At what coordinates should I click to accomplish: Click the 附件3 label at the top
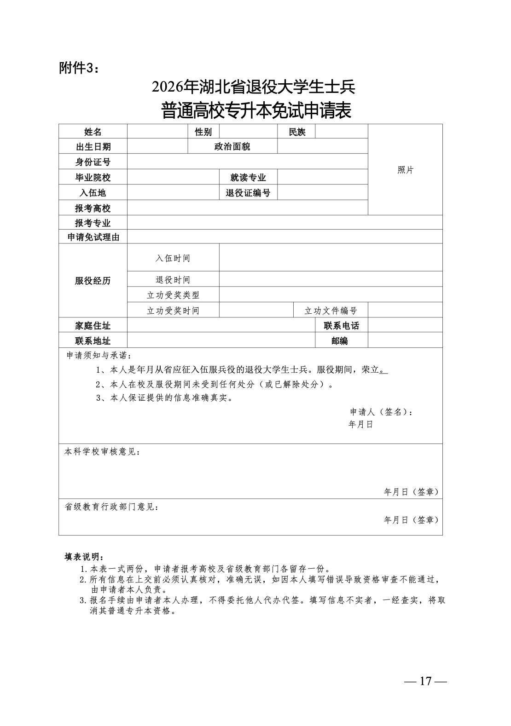[x=79, y=68]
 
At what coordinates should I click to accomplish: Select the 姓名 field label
[x=93, y=132]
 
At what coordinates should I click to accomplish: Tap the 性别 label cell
[x=203, y=132]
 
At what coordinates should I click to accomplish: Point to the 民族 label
[x=297, y=132]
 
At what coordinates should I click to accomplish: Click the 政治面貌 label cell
[x=232, y=147]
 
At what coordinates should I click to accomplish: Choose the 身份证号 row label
[x=93, y=162]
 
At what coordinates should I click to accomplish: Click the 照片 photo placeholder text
[x=405, y=170]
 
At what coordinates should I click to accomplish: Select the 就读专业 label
[x=248, y=178]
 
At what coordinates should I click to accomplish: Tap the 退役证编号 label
[x=248, y=193]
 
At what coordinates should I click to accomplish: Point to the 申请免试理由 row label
[x=93, y=237]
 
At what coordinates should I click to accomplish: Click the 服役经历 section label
[x=93, y=281]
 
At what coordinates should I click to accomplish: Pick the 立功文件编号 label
[x=331, y=311]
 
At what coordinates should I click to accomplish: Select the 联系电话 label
[x=341, y=326]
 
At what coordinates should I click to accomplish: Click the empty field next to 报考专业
[x=285, y=223]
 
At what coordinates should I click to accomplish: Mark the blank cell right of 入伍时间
[x=331, y=258]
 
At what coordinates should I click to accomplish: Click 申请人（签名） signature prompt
[x=382, y=412]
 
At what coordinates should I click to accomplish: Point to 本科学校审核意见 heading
[x=102, y=452]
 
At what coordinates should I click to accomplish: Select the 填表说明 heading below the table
[x=85, y=557]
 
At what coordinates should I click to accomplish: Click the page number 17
[x=425, y=681]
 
